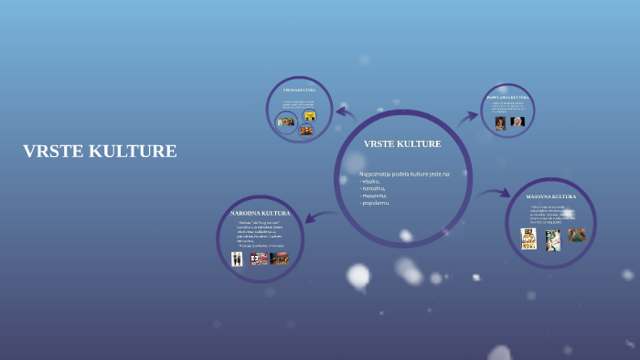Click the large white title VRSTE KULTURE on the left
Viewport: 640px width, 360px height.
pos(100,152)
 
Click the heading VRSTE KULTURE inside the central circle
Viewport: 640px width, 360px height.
pos(402,144)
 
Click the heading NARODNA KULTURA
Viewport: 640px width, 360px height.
pos(260,213)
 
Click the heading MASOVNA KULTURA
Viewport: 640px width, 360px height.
pos(551,196)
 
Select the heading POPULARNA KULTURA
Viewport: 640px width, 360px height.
pos(508,97)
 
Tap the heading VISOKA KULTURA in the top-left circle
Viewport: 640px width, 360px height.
pos(298,90)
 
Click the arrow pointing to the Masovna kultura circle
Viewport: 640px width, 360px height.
pos(494,194)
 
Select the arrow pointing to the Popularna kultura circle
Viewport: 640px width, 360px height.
pos(468,117)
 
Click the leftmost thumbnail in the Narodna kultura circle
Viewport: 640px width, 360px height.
pos(237,259)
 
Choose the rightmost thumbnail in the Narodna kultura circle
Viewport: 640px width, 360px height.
pos(279,259)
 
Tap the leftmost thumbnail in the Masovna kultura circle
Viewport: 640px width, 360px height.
pos(528,238)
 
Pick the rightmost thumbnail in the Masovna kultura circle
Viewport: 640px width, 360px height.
pos(576,236)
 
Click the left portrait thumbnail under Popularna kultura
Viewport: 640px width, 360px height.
pos(500,122)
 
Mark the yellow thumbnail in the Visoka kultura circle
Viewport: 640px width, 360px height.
pos(309,116)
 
